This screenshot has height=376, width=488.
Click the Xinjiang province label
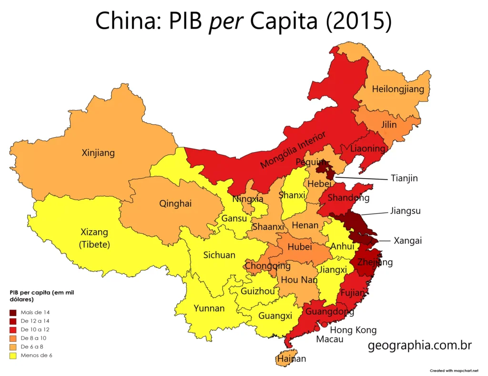point(98,153)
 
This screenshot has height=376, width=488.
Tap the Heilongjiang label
point(398,89)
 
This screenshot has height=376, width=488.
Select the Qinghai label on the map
point(175,203)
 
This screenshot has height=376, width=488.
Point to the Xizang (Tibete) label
point(95,238)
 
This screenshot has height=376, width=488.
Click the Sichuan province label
point(219,255)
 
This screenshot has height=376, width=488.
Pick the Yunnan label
point(209,308)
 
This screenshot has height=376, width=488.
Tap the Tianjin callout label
point(404,178)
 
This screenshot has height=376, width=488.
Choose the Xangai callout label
point(407,241)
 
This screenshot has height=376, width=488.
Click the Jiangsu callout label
point(405,210)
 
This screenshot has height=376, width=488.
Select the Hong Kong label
point(353,330)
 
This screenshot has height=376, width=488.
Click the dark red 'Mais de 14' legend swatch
point(12,313)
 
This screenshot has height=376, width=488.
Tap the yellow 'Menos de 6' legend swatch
point(12,355)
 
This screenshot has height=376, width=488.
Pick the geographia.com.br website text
point(420,345)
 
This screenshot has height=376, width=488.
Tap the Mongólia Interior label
point(293,150)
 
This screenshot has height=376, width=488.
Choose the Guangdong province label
point(329,312)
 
